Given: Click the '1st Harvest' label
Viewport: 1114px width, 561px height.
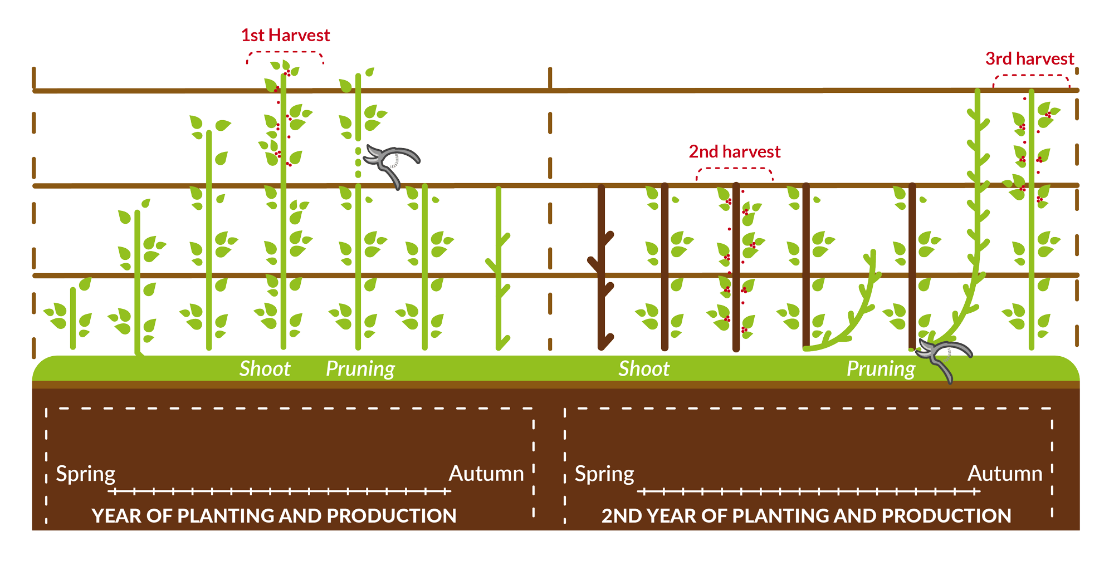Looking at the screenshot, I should pyautogui.click(x=285, y=36).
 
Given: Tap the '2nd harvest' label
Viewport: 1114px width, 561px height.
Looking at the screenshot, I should pyautogui.click(x=734, y=152).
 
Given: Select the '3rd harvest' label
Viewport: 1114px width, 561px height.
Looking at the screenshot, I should pyautogui.click(x=1029, y=59).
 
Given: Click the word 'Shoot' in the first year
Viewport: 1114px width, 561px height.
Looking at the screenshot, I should pyautogui.click(x=265, y=369).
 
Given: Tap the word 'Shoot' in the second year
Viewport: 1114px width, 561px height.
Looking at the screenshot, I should pyautogui.click(x=643, y=369).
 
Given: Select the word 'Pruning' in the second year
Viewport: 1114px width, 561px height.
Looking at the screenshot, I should pyautogui.click(x=880, y=369).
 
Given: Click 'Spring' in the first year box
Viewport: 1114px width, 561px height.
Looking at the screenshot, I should pyautogui.click(x=86, y=474).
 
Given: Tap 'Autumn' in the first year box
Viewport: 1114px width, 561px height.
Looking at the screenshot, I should pyautogui.click(x=486, y=474).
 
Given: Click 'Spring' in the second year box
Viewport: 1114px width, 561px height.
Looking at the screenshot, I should pyautogui.click(x=604, y=474).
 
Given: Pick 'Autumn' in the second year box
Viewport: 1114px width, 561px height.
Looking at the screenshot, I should pyautogui.click(x=1004, y=474).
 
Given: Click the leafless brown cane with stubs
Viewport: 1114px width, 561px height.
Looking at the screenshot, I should pyautogui.click(x=601, y=267).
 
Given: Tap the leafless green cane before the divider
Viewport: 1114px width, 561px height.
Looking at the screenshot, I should pyautogui.click(x=499, y=267).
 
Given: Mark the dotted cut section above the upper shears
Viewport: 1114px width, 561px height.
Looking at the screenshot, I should pyautogui.click(x=358, y=161).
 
